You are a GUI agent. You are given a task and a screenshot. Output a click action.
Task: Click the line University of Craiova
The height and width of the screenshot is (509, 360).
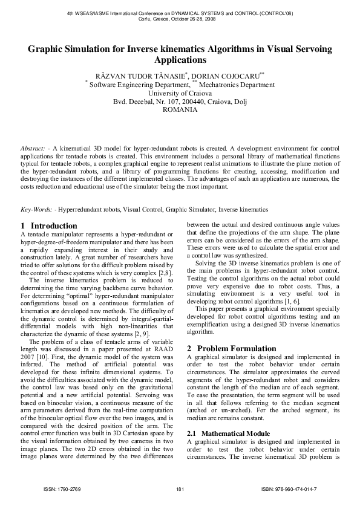click(180, 94)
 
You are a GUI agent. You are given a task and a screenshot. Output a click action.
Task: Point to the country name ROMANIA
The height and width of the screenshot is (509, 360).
click(180, 110)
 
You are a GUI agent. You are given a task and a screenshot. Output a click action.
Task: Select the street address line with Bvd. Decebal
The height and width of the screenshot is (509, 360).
click(180, 102)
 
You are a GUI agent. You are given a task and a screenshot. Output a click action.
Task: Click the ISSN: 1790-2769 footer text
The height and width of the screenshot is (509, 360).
click(62, 488)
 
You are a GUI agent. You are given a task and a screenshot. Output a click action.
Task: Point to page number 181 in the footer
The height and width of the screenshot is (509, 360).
click(179, 488)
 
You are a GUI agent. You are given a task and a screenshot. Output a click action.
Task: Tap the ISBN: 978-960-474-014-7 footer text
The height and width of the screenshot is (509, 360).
click(289, 488)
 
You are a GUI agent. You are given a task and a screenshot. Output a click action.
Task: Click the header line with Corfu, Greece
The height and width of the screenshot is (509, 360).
click(180, 18)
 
